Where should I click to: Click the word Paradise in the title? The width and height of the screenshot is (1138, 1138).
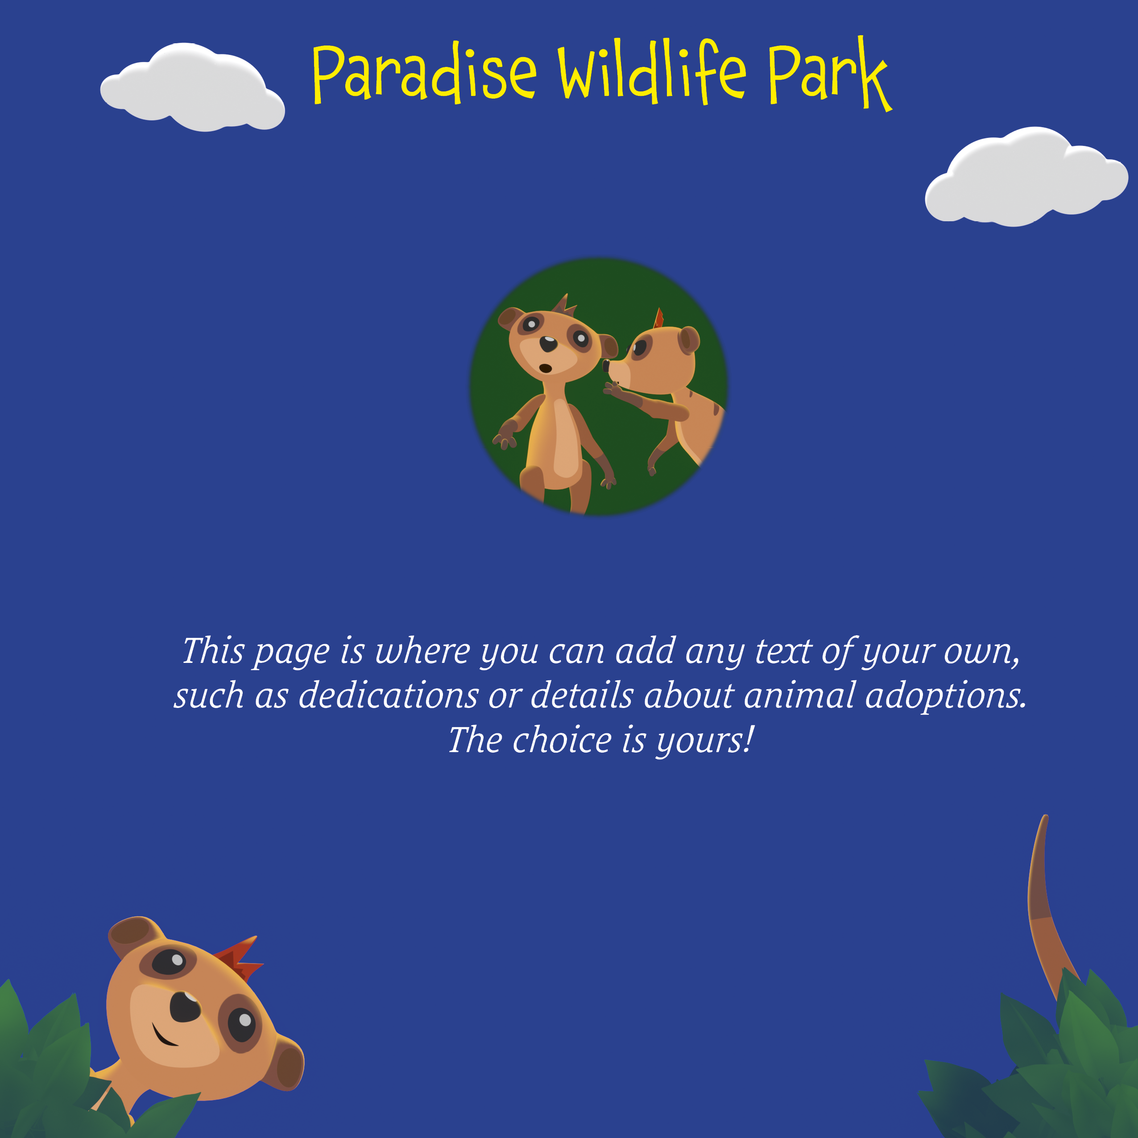(x=425, y=74)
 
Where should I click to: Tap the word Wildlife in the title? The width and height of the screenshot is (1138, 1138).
(x=653, y=72)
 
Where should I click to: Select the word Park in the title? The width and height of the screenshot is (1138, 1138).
(x=830, y=74)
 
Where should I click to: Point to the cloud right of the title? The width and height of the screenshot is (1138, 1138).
(x=1026, y=176)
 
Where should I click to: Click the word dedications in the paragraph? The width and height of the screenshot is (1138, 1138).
(x=388, y=695)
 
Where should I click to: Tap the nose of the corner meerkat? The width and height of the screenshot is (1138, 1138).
(x=186, y=1007)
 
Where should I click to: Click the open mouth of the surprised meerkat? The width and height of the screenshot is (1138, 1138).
(x=546, y=369)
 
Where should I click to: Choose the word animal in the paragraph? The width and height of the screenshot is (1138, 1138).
(x=799, y=695)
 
